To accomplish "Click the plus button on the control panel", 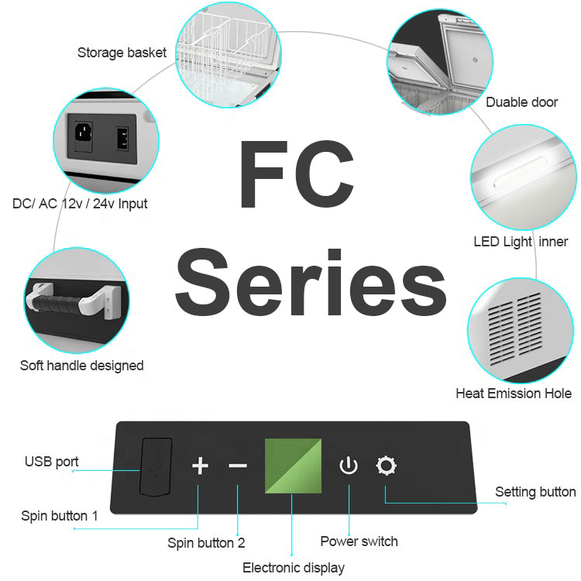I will [200, 466].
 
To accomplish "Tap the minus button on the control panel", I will [238, 466].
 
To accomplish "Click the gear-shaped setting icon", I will [386, 466].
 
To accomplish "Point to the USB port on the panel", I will [156, 466].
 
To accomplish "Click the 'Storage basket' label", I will [122, 53].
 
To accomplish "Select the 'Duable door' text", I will [521, 102].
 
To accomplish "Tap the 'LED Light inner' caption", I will [521, 242].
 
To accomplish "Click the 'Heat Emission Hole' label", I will [514, 394].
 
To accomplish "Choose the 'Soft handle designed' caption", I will [81, 365].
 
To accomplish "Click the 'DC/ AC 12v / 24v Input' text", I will [80, 204].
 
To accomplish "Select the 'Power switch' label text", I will [359, 541].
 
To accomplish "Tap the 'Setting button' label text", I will [535, 492].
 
